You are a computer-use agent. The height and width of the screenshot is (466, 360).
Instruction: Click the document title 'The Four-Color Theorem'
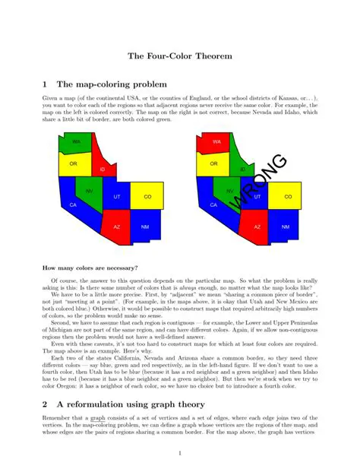coord(179,56)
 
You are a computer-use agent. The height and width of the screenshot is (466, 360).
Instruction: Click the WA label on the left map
coord(77,142)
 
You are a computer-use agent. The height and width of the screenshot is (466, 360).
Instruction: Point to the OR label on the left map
coord(74,163)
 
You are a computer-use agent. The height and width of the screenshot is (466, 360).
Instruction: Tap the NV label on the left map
coord(90,191)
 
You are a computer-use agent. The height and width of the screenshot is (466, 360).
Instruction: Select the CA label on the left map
coord(73,205)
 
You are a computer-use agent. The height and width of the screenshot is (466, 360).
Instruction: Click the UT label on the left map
coord(117,197)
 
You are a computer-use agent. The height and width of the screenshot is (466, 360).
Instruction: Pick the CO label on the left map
coord(148,197)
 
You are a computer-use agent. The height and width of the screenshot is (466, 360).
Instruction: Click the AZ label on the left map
coord(117,227)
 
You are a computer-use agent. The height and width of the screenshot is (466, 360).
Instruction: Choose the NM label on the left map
coord(145,227)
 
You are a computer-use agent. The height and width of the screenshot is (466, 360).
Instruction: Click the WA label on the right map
coord(216,142)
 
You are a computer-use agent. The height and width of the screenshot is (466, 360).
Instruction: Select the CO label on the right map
coord(289,197)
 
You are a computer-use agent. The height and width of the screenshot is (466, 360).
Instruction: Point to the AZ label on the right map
coord(257,227)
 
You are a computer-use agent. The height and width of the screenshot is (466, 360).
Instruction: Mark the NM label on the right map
coord(286,227)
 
